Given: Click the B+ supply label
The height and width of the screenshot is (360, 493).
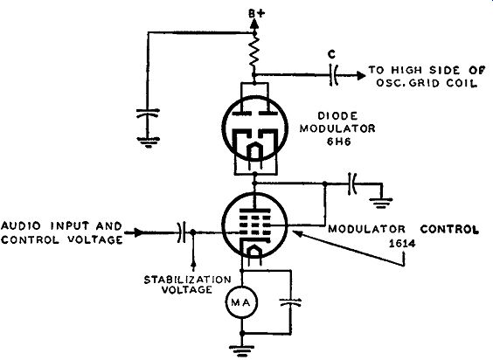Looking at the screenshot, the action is click(x=257, y=13).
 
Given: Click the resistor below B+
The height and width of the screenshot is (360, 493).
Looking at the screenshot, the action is click(x=254, y=52).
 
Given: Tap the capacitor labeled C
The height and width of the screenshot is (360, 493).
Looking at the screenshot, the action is click(x=333, y=75).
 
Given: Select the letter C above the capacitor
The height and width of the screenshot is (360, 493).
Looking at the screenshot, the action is click(x=331, y=54).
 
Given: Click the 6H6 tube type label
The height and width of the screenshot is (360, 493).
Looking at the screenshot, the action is click(x=338, y=142).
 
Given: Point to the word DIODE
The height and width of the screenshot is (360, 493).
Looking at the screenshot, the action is click(x=337, y=116).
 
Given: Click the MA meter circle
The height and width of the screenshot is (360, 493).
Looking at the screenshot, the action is click(x=242, y=302).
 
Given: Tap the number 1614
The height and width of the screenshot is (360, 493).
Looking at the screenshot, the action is click(x=402, y=244).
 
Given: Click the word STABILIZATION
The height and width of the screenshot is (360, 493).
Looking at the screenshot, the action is click(x=187, y=280).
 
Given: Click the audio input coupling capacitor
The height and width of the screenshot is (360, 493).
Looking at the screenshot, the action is click(x=182, y=232).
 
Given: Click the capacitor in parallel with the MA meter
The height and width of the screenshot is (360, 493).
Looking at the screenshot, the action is click(x=290, y=302).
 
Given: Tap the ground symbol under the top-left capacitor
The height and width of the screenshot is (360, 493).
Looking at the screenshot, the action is click(x=149, y=142).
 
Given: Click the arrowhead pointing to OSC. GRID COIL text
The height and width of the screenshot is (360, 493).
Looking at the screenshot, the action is click(x=361, y=75).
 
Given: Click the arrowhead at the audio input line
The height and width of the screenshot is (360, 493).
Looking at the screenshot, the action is click(x=139, y=232).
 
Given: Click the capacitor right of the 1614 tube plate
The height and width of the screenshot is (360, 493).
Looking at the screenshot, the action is click(x=352, y=183).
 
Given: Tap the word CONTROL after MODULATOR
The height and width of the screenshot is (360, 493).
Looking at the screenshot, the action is click(x=449, y=229).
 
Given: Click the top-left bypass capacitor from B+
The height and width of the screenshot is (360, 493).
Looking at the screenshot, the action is click(x=148, y=114).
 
